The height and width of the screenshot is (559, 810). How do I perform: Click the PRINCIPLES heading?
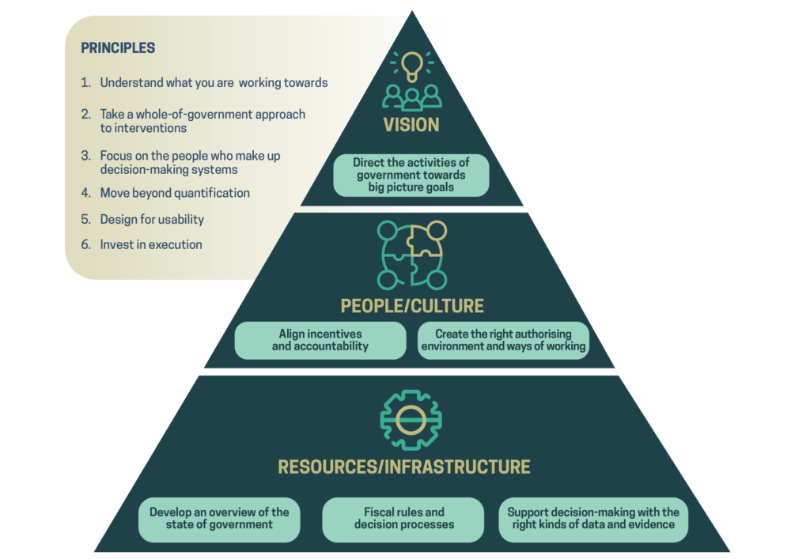point(118,48)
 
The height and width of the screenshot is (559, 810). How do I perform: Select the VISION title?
point(411,125)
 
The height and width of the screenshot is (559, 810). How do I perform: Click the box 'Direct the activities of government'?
point(411,175)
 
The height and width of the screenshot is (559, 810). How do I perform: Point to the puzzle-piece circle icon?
point(411,255)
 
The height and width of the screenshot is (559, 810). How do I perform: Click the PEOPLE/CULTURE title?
point(411,306)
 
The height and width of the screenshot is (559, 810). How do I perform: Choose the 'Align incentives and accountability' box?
point(320,341)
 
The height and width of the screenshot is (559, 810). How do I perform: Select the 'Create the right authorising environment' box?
point(504,341)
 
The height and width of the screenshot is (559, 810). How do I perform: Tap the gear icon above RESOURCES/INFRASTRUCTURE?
point(411,420)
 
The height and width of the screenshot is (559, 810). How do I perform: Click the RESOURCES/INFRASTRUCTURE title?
point(404,466)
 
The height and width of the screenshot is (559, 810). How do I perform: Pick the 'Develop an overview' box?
point(219,519)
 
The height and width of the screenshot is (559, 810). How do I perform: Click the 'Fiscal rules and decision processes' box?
point(403,519)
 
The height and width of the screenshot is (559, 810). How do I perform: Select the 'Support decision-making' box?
point(593,519)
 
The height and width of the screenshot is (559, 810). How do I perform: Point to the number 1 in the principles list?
point(85,83)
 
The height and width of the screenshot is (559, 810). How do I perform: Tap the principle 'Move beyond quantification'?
point(175,193)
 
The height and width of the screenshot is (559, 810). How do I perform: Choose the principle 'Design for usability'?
point(152,219)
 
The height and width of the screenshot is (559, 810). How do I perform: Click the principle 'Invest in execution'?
point(151,245)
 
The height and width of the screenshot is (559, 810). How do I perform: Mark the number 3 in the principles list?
point(85,157)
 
